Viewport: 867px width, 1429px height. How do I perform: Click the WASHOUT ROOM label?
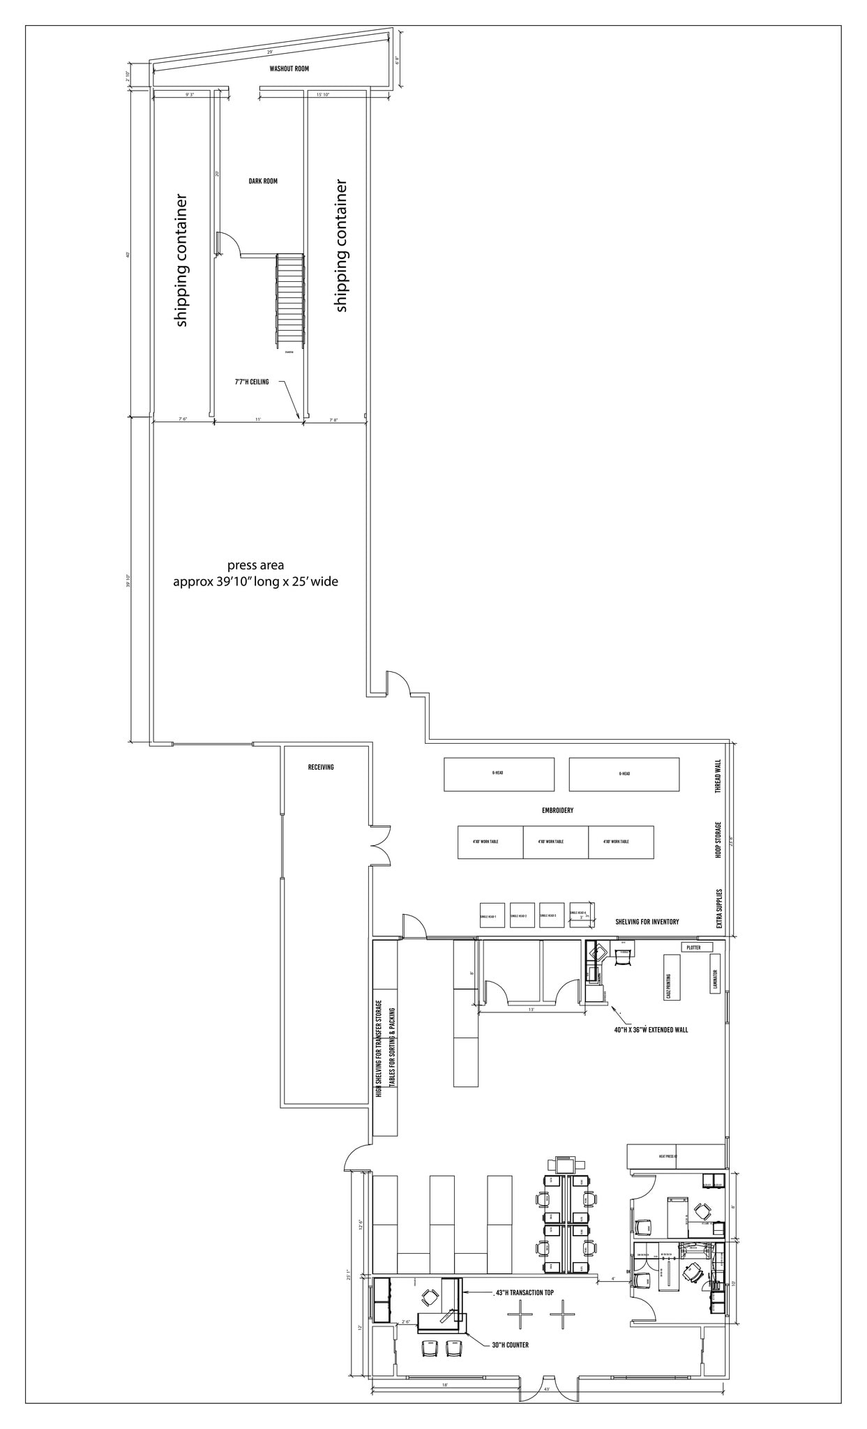point(289,69)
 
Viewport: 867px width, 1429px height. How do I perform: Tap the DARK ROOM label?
point(263,181)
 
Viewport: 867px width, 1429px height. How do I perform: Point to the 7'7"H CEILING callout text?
point(251,382)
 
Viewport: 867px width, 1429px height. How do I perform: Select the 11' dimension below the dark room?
point(257,419)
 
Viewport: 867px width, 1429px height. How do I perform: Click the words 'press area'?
point(255,565)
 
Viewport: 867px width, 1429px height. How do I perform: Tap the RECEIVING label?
point(321,768)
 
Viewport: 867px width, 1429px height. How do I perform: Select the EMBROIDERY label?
point(557,811)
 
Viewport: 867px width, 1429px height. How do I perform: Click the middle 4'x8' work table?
point(555,842)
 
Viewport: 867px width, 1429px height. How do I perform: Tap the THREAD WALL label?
point(718,777)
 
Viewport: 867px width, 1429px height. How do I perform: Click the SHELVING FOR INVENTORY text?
point(647,922)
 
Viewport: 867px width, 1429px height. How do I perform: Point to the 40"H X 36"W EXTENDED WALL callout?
point(651,1030)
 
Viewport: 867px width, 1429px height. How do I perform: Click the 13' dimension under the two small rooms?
point(530,1010)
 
